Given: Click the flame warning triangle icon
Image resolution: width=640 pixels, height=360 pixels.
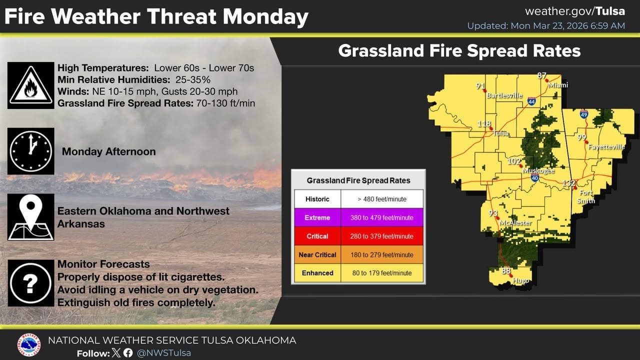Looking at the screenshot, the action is tap(31, 85).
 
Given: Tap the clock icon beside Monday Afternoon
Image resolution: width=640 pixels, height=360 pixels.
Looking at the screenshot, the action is tap(31, 151).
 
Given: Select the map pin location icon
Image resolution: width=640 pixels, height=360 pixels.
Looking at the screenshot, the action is tap(31, 217).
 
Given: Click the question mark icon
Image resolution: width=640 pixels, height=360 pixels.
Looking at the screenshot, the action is tap(31, 283).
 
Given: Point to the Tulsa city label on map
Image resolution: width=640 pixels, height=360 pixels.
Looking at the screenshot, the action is tap(501, 133).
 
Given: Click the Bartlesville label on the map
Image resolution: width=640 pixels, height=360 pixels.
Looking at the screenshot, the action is tap(504, 95).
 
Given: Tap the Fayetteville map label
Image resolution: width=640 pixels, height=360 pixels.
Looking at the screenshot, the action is tap(606, 147).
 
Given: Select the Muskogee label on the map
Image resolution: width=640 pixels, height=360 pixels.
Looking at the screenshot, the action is tap(538, 170).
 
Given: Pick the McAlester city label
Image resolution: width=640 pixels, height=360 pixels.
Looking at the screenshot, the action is tap(515, 222).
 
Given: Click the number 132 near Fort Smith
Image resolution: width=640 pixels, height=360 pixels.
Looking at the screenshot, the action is tap(568, 183).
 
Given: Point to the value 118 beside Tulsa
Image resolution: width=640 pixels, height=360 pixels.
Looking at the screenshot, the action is tap(484, 123).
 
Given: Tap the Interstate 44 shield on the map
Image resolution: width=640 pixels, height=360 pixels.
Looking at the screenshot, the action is tap(531, 101).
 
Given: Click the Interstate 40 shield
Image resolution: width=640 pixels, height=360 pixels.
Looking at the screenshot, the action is tap(535, 177).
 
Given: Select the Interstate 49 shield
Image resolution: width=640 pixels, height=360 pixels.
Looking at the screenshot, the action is tap(584, 114).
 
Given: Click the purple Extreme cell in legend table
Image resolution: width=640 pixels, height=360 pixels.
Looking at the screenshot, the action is tap(317, 217).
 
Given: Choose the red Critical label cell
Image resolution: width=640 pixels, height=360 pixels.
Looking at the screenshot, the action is tap(317, 236).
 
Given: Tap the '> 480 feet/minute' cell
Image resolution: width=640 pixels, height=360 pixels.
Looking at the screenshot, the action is tap(382, 199).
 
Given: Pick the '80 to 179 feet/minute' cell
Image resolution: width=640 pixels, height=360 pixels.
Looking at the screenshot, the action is tap(382, 273).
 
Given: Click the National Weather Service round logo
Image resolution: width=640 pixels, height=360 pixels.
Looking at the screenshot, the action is tap(28, 344).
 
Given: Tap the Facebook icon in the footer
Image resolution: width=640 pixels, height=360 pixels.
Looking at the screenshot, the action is tap(128, 353).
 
